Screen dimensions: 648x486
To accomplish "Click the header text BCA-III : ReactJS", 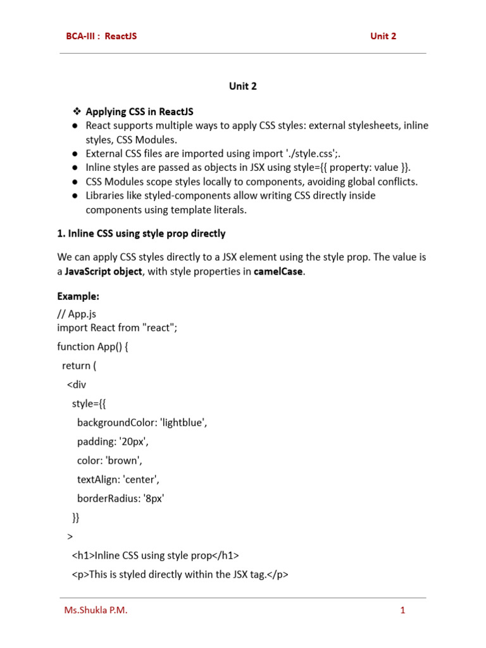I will tap(101, 36).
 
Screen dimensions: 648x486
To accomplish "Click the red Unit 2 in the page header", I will tap(383, 36).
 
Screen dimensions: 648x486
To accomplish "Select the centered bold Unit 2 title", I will tap(243, 87).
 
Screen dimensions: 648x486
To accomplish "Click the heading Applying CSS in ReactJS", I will tap(139, 112).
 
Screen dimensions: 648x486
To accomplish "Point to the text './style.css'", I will tap(313, 153).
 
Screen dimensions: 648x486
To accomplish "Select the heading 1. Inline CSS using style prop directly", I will tap(141, 234).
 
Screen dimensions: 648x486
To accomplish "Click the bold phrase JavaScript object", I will tap(104, 271).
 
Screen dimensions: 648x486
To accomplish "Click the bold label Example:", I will tap(78, 296).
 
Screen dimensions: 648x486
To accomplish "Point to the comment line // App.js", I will tap(77, 314).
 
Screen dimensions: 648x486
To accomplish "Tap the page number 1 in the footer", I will tap(402, 611).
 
